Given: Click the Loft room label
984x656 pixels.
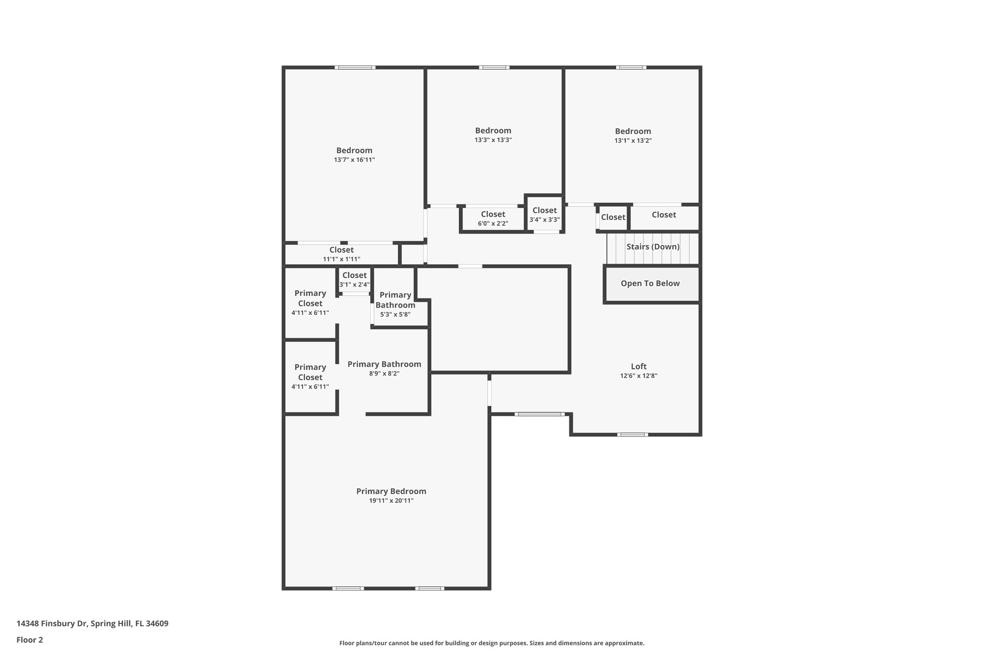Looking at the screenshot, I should (x=639, y=366).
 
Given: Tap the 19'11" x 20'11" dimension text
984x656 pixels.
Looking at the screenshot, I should (x=391, y=501).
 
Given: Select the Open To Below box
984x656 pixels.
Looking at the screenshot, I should (x=650, y=284).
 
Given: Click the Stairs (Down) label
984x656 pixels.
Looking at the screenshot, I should (x=653, y=247).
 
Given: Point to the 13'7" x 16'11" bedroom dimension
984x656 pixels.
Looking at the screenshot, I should (x=354, y=160).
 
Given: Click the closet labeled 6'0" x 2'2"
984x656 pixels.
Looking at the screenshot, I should (x=493, y=219).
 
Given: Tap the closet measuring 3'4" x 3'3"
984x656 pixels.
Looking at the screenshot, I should (x=544, y=215).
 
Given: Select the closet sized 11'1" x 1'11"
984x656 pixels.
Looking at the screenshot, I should (x=341, y=254).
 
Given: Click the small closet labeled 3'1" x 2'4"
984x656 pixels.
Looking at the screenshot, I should (x=355, y=279).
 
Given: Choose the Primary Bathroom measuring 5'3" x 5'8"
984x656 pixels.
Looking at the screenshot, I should (x=395, y=305).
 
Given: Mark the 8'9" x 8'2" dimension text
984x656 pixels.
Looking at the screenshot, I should (x=384, y=373).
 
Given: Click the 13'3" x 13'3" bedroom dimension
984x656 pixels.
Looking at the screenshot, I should (x=493, y=140).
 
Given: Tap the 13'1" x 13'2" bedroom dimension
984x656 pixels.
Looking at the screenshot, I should (x=633, y=141).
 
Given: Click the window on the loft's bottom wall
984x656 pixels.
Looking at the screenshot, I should (x=632, y=434).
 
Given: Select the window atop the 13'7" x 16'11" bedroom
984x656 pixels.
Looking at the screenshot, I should (x=355, y=68).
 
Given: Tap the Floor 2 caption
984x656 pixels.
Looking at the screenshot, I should (x=30, y=640).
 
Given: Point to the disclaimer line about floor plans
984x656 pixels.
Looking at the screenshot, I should (x=492, y=643).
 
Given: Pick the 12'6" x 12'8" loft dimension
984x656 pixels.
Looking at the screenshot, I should (x=639, y=376).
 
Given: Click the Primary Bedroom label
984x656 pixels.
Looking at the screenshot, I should (x=391, y=491).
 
